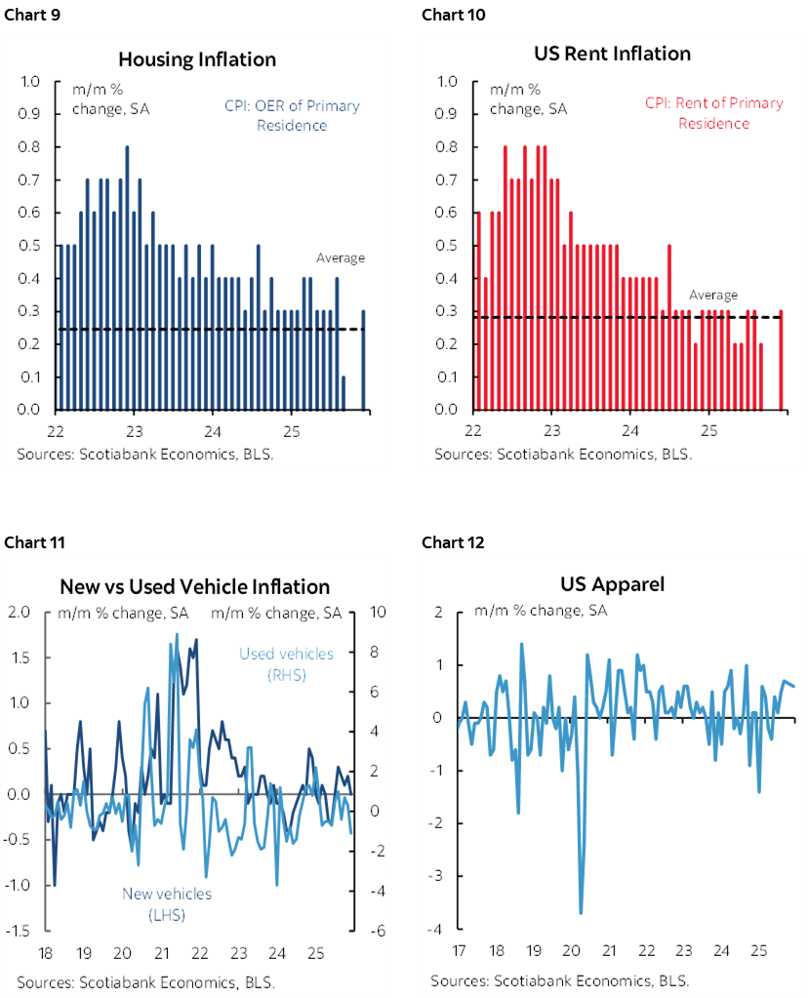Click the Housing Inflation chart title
point(196,60)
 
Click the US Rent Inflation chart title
point(613,53)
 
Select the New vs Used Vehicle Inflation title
point(194,586)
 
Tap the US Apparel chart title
point(612,584)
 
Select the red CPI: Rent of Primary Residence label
point(713,113)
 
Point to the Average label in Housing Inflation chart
point(340,259)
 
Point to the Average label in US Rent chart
point(713,295)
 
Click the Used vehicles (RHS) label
point(286,663)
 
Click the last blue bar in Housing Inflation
point(364,360)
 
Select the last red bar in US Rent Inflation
point(781,360)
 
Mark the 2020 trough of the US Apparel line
point(581,912)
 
